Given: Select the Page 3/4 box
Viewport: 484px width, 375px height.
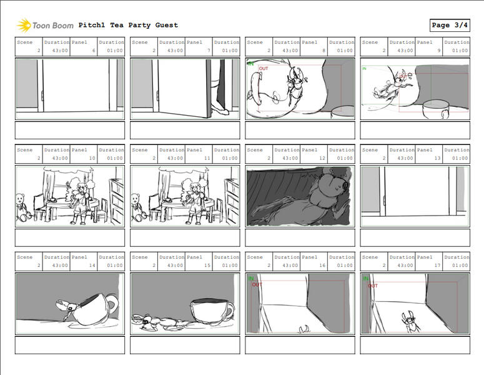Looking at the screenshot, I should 450,25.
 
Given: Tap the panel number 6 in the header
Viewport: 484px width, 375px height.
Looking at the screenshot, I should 94,51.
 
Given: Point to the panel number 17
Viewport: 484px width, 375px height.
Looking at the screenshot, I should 438,265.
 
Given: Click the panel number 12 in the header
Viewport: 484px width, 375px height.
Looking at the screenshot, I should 323,158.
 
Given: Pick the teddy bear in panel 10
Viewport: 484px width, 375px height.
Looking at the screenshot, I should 22,207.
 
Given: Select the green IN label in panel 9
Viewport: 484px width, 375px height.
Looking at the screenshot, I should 365,68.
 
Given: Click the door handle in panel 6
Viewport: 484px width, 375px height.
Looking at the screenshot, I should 42,96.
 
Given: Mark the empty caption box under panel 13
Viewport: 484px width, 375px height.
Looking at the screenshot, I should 415,237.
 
